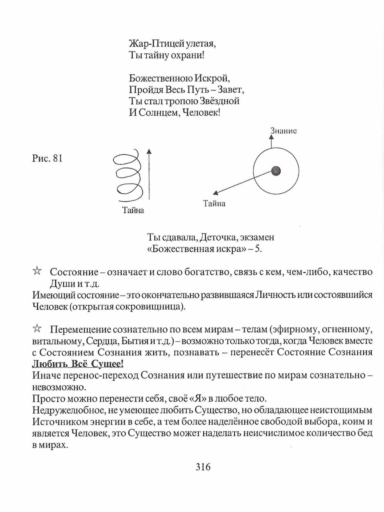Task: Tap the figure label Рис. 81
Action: tap(47, 158)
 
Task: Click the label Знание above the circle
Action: tap(283, 131)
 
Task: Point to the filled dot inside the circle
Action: tap(276, 171)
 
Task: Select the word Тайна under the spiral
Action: tap(133, 210)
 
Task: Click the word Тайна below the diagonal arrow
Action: tap(214, 204)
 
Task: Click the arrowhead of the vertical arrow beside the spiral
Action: tap(149, 151)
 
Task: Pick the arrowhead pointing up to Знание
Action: tap(271, 137)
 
